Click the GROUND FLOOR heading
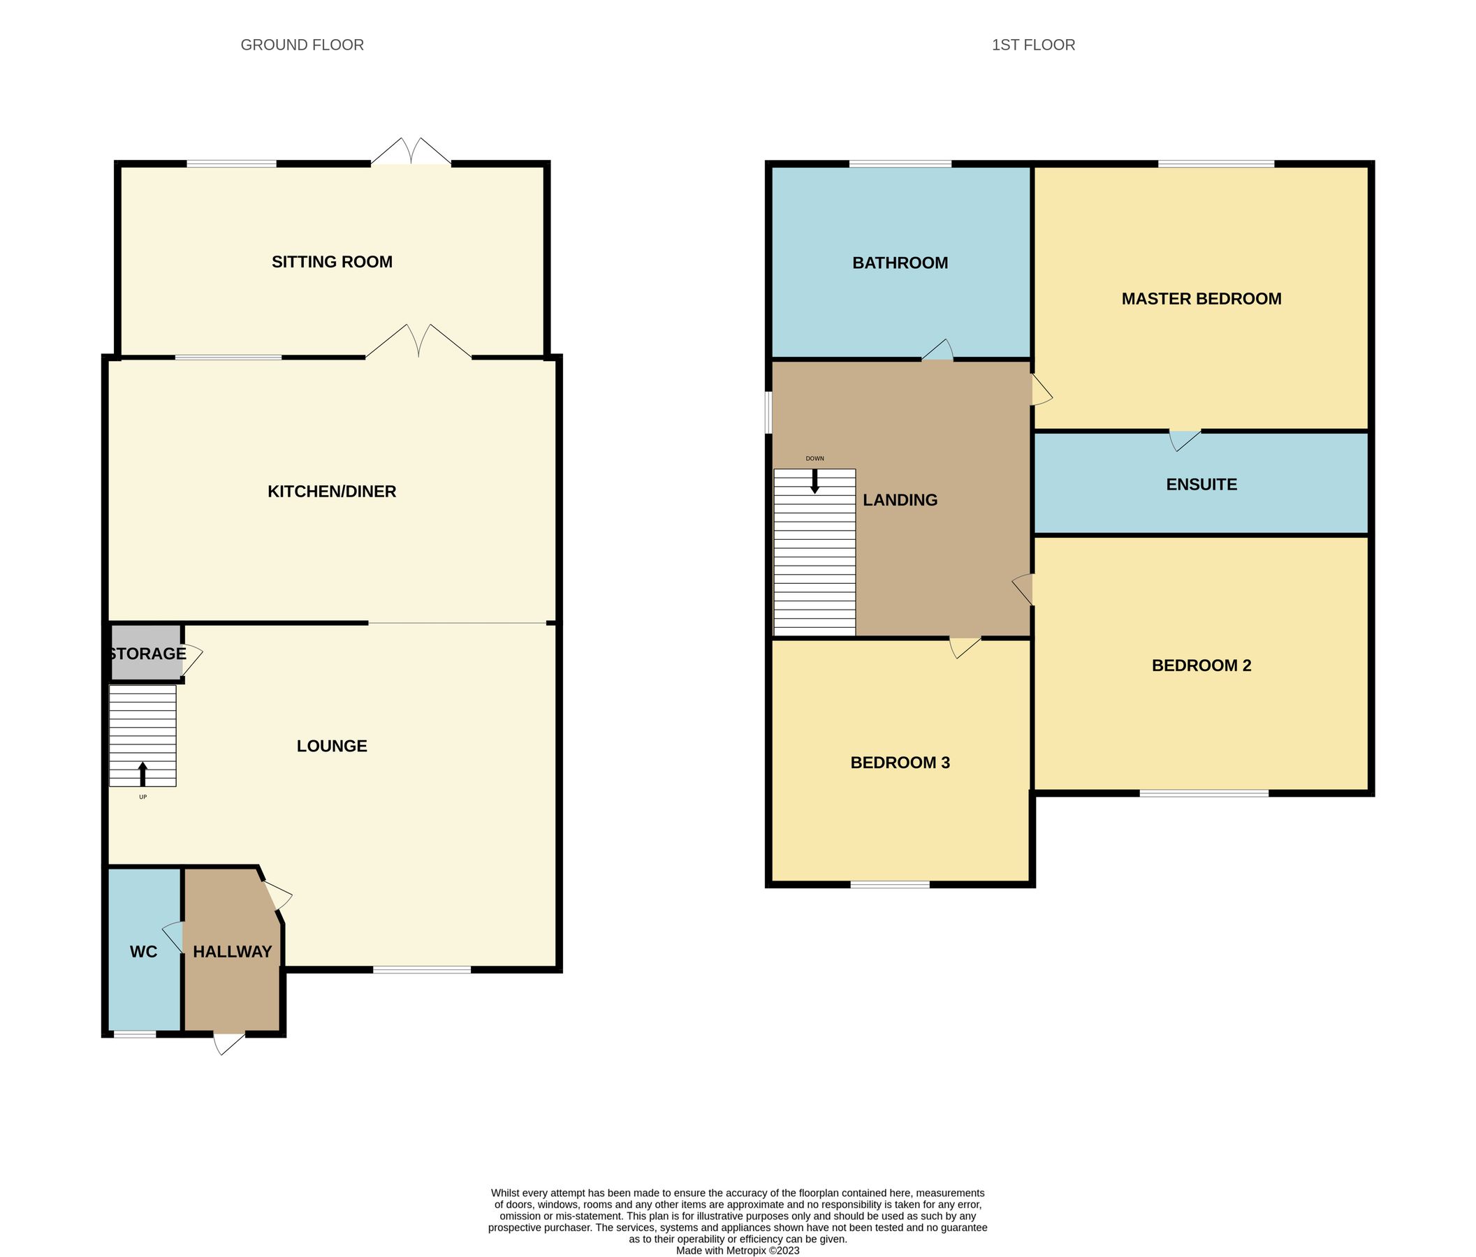coord(302,45)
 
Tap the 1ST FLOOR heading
coord(1033,45)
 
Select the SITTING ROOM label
coord(332,262)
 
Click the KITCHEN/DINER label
coord(332,492)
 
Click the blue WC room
coord(143,951)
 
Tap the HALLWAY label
coord(232,951)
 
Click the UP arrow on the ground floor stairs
coord(143,774)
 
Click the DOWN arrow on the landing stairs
coord(815,481)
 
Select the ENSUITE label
coord(1201,484)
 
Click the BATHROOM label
coord(900,263)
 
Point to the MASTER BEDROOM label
coord(1201,299)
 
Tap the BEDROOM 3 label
coord(900,763)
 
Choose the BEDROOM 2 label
coord(1201,666)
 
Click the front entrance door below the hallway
coord(228,1041)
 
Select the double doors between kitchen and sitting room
coord(419,343)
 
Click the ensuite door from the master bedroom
coord(1183,439)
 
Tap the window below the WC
coord(135,1034)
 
